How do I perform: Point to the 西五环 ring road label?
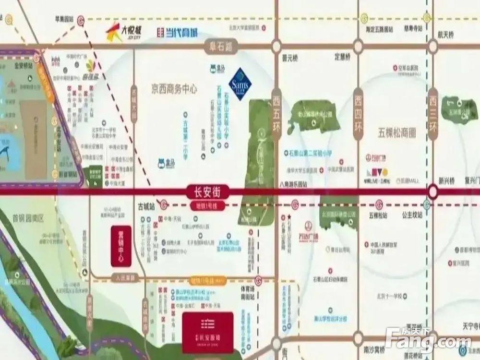pos(276,115)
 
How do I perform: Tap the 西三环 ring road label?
pos(433,115)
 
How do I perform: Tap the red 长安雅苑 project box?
pos(207,333)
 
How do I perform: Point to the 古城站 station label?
pos(145,205)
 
